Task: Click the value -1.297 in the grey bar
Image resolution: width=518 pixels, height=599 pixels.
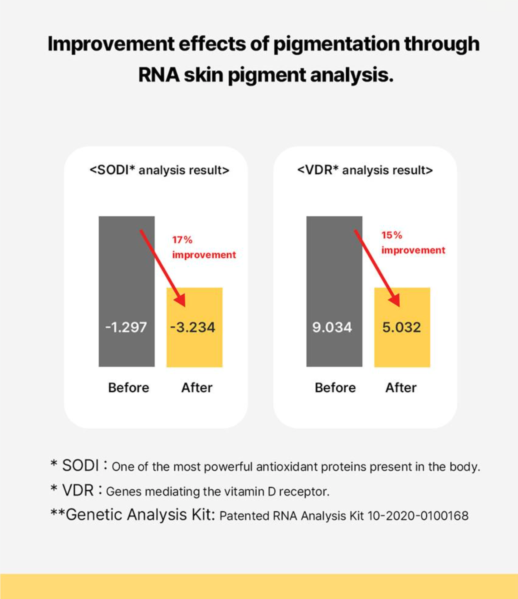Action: (x=126, y=327)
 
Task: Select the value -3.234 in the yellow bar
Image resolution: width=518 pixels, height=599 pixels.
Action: (x=193, y=327)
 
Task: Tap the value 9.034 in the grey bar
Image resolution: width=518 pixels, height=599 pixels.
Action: (x=332, y=327)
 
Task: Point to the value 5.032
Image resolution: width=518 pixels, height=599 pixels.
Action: (x=401, y=327)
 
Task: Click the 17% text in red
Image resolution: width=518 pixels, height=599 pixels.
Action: (x=182, y=240)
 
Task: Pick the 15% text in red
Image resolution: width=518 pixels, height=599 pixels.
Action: (x=392, y=235)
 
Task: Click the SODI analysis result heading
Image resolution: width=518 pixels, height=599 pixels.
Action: (x=159, y=170)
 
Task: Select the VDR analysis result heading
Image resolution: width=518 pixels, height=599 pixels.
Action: (x=365, y=170)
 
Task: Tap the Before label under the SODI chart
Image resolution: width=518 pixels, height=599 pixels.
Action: (x=129, y=388)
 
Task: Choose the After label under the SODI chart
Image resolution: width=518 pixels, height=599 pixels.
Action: (x=197, y=388)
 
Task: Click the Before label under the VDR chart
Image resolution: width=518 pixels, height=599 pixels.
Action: (x=335, y=388)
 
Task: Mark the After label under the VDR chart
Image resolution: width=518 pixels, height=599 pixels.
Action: (x=401, y=388)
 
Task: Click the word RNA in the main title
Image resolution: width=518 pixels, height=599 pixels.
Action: (x=159, y=75)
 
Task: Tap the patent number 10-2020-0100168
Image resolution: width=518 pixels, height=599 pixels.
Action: (x=418, y=516)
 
